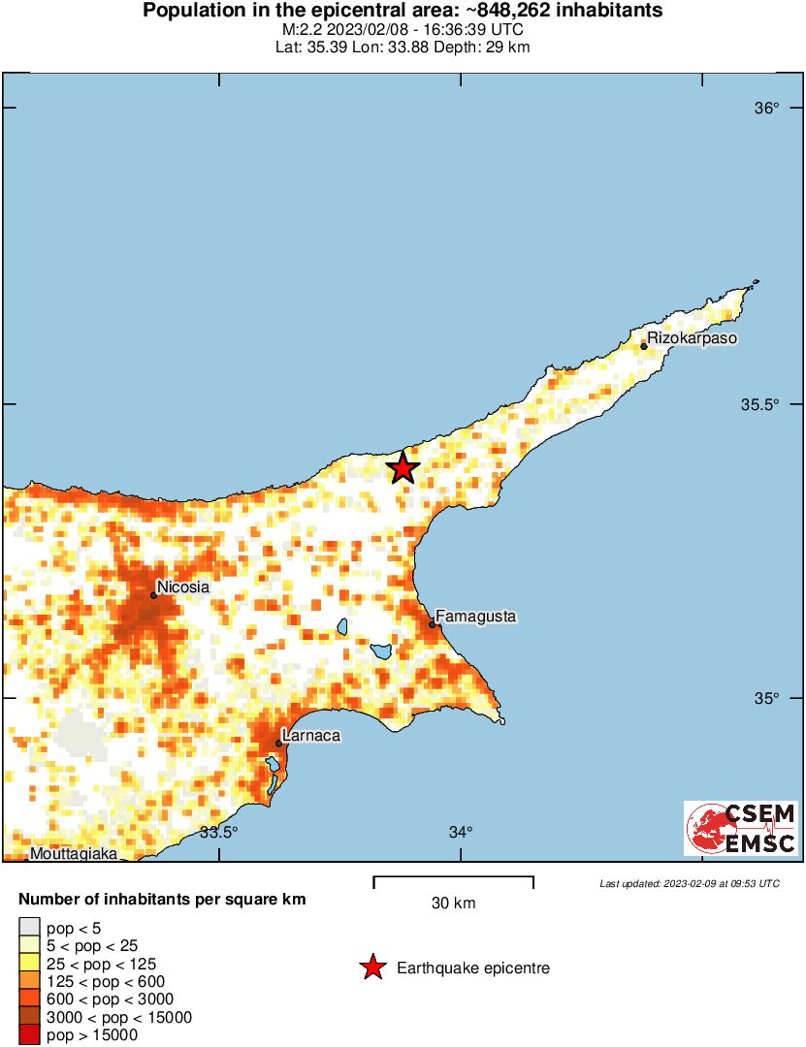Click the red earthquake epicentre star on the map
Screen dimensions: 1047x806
(403, 468)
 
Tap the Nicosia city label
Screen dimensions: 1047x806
(183, 587)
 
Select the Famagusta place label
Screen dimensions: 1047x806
(476, 616)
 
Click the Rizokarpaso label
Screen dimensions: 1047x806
(692, 338)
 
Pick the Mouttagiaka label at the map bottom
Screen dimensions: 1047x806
(74, 854)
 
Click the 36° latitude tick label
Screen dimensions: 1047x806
(767, 108)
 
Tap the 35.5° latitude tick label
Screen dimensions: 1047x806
(760, 404)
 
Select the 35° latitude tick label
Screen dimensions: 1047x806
(767, 699)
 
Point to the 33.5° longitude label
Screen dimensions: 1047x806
(219, 832)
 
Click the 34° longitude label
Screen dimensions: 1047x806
(461, 832)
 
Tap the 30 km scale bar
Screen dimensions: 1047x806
(453, 882)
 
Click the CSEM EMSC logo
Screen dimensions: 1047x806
(741, 828)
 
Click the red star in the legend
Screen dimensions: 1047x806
(371, 968)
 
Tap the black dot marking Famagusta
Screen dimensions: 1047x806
(432, 624)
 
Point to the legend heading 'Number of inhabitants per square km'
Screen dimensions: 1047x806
(162, 900)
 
